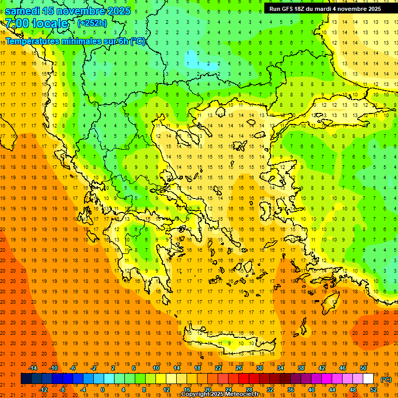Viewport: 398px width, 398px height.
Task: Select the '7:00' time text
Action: click(x=17, y=23)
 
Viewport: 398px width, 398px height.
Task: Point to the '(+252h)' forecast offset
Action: click(x=92, y=23)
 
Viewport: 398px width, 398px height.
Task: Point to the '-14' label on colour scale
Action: click(x=33, y=368)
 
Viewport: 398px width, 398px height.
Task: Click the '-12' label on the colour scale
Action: click(x=43, y=390)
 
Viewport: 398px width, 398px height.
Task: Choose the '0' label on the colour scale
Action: click(x=103, y=390)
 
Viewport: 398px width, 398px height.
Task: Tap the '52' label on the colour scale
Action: click(x=374, y=390)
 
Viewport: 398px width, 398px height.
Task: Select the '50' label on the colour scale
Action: click(x=363, y=368)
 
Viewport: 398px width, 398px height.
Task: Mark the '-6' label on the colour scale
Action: click(x=73, y=368)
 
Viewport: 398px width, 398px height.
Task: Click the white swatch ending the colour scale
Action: click(x=368, y=379)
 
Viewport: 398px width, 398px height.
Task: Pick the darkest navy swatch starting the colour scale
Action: click(x=26, y=379)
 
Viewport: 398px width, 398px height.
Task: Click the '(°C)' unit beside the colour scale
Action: click(x=386, y=379)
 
